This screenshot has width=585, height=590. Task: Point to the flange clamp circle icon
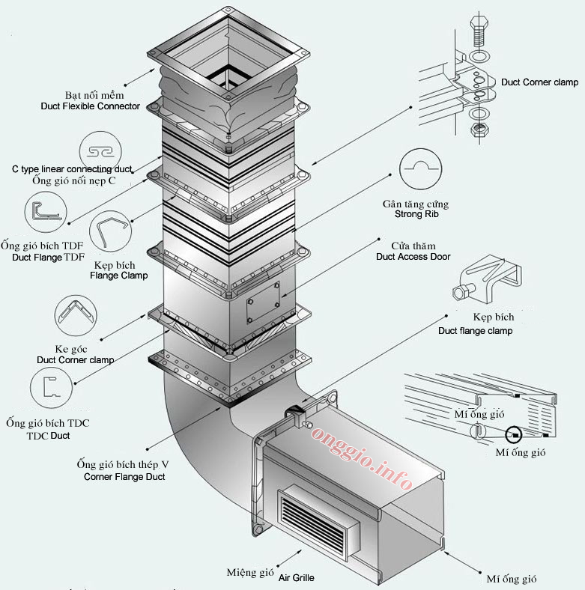[x=111, y=234]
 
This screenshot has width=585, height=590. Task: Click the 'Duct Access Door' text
[x=413, y=256]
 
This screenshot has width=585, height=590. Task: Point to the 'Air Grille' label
[x=297, y=578]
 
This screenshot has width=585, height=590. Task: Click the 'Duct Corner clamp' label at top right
[x=539, y=82]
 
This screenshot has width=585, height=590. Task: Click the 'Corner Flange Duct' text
[x=124, y=476]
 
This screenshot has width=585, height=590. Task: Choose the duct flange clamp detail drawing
[x=488, y=278]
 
